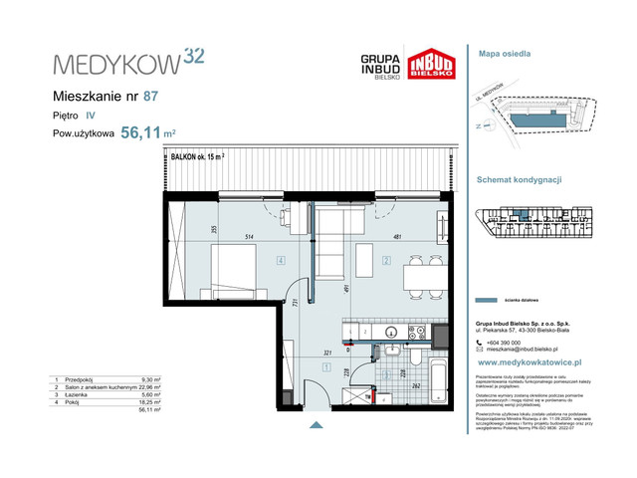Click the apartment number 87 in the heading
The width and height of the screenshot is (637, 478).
click(150, 97)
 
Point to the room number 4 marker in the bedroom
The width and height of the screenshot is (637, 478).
click(282, 263)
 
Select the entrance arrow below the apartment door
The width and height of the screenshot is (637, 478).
click(317, 425)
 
